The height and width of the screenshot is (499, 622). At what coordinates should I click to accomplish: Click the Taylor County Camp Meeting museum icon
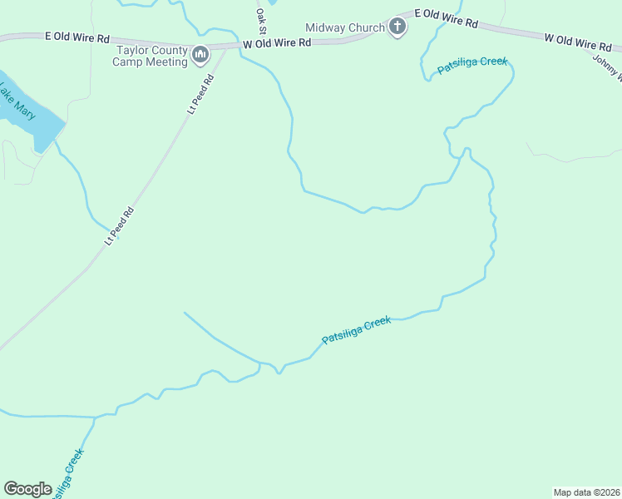click(x=200, y=55)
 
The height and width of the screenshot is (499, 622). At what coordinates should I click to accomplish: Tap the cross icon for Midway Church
click(x=397, y=27)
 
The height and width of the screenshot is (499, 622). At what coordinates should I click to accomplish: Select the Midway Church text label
click(x=345, y=28)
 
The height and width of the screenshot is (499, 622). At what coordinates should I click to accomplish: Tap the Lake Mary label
click(x=17, y=101)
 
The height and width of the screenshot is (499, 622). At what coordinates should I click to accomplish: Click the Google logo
click(x=28, y=489)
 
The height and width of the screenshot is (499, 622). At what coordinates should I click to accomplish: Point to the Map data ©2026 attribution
click(x=586, y=492)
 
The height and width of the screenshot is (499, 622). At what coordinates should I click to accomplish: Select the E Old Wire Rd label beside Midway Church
click(x=447, y=19)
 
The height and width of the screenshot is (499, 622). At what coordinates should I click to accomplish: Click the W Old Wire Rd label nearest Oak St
click(x=277, y=42)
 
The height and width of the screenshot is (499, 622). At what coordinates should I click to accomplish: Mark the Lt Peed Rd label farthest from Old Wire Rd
click(x=119, y=225)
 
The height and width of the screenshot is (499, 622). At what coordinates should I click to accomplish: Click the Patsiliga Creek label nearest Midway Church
click(x=472, y=65)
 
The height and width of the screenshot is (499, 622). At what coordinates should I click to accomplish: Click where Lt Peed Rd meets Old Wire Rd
click(x=226, y=47)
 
